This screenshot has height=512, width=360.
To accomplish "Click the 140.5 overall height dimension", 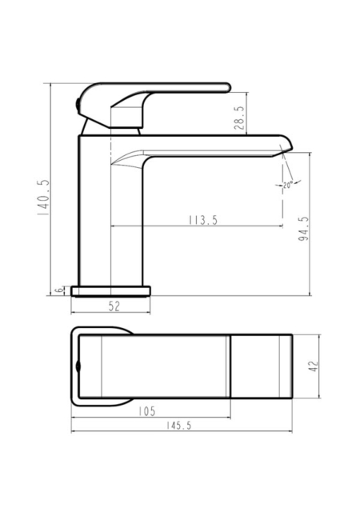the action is point(42,198).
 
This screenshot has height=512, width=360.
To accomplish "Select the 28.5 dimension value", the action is point(239,118).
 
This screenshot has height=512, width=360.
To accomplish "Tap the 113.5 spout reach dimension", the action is point(203,220).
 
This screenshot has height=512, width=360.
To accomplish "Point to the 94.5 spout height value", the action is point(303,229).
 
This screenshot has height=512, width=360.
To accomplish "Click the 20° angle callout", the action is point(287,185).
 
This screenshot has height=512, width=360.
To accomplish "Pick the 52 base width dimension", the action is point(114,306).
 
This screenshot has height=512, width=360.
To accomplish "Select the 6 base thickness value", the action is point(59,290).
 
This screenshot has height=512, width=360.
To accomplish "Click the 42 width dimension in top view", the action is point(314,366).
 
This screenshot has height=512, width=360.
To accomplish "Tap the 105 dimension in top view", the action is point(146,411).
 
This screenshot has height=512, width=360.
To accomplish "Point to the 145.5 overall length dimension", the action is point(178,426).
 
